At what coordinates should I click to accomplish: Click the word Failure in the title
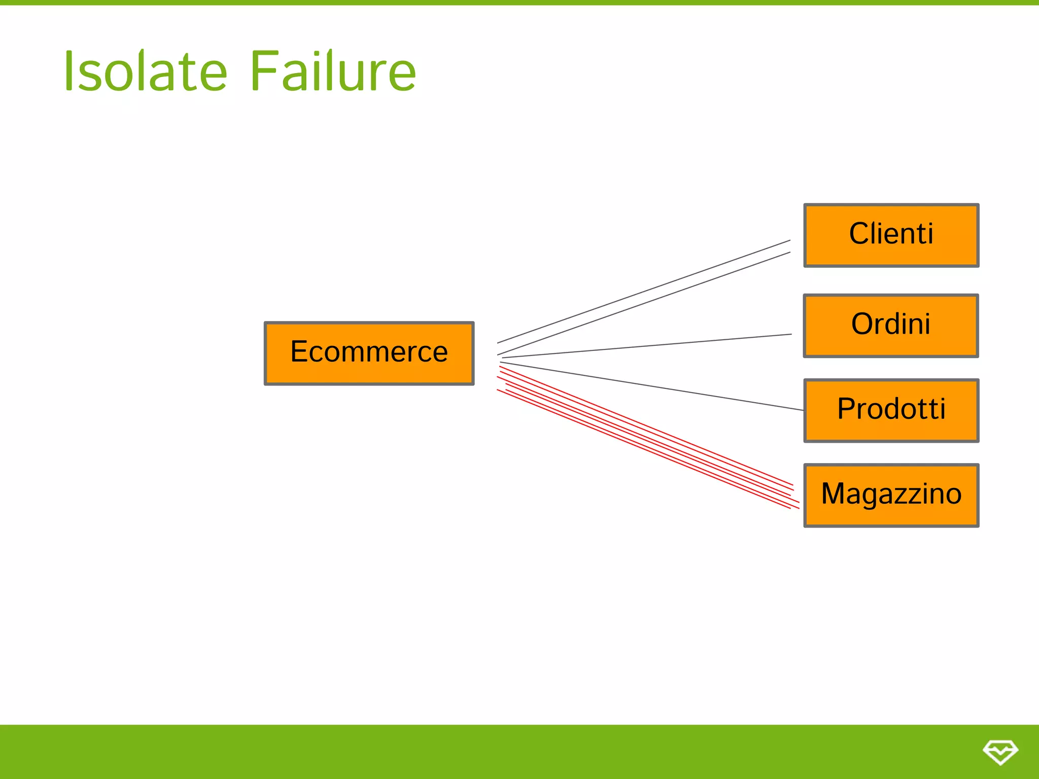tap(333, 72)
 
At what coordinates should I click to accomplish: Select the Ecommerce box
tap(369, 353)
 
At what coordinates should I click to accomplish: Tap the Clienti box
tap(891, 235)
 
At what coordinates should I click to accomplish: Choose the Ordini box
tap(891, 325)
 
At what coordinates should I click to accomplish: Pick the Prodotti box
tap(891, 410)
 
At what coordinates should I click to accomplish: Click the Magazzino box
tap(891, 495)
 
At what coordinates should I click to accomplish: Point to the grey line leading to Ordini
tap(647, 346)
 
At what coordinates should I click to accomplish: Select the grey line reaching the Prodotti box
tap(652, 386)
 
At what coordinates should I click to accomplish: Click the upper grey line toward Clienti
tap(644, 291)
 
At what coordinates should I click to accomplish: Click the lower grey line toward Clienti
tap(644, 303)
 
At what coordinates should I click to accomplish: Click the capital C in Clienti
tap(860, 234)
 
